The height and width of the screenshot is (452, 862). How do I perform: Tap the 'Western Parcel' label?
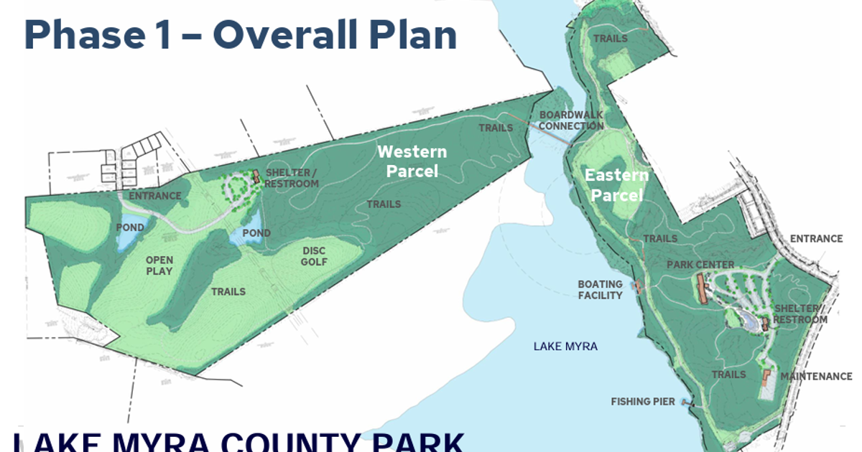[412, 161]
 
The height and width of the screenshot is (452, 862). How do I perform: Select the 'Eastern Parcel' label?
[616, 185]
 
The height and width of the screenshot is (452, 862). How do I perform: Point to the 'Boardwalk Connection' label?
[571, 121]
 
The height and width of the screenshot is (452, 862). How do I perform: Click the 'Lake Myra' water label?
[565, 347]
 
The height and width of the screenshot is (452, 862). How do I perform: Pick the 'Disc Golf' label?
[314, 256]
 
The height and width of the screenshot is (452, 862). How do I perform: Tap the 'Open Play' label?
[159, 265]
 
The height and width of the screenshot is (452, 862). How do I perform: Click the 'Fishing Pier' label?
[643, 402]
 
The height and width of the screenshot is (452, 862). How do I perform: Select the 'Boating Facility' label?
[601, 290]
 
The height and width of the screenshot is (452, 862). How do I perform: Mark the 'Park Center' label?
[700, 265]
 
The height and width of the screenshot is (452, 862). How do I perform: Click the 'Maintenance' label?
[816, 376]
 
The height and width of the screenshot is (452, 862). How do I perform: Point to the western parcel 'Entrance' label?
[155, 196]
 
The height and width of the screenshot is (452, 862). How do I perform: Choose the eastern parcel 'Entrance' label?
[816, 239]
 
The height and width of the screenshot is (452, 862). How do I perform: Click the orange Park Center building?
[701, 288]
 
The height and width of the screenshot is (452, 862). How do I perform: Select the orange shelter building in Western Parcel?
[255, 176]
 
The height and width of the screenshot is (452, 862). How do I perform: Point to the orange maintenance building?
[766, 375]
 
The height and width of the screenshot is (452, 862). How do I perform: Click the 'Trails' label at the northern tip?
[611, 38]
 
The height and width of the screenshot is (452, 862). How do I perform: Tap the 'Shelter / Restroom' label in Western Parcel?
[292, 178]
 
